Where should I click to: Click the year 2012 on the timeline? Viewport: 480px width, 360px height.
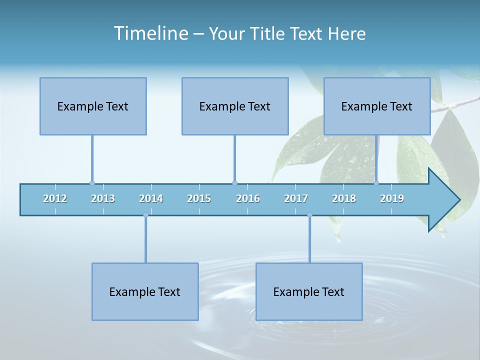(x=55, y=198)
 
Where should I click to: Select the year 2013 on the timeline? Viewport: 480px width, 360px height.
(x=103, y=198)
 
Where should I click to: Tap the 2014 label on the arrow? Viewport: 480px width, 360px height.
(x=151, y=198)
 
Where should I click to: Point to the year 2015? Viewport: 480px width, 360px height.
(x=199, y=198)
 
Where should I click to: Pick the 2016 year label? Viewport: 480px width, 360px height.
(x=248, y=198)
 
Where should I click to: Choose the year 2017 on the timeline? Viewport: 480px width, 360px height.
(x=296, y=198)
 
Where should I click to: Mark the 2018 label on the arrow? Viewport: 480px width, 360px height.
(x=344, y=198)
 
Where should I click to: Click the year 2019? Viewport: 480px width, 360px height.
(x=392, y=198)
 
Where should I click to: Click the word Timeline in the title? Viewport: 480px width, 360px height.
(x=150, y=33)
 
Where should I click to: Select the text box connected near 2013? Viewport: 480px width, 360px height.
(x=93, y=106)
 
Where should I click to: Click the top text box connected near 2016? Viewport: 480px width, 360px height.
(x=235, y=106)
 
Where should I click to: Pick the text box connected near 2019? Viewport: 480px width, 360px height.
(x=377, y=106)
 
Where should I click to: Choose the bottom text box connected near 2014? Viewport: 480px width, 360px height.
(x=145, y=291)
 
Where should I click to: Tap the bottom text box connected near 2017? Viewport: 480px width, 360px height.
(x=309, y=291)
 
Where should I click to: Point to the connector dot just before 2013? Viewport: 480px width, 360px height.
(x=92, y=183)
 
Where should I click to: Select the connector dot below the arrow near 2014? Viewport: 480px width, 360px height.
(x=145, y=215)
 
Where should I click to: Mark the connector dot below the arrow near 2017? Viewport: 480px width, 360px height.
(x=309, y=215)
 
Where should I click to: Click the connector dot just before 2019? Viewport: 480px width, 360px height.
(x=376, y=183)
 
